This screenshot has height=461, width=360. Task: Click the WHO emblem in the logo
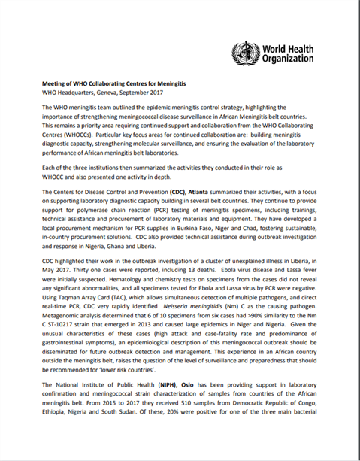tap(247, 54)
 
